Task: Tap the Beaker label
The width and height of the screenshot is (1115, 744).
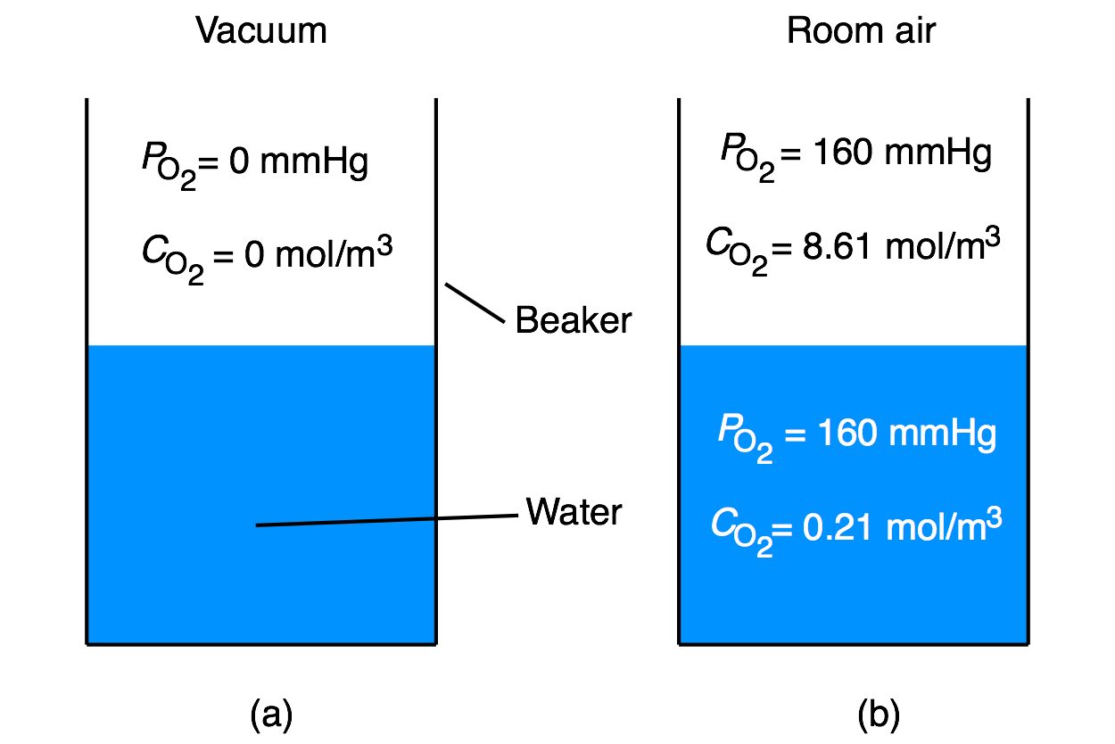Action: [573, 320]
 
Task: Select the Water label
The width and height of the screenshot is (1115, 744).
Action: [574, 513]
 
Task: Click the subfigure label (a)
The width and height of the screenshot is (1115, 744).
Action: [272, 714]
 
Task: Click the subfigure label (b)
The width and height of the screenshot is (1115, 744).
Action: [879, 714]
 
